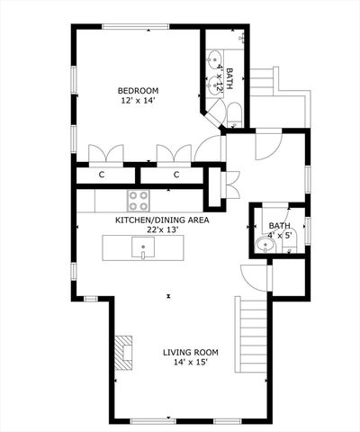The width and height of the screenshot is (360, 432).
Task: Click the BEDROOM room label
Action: (x=139, y=91)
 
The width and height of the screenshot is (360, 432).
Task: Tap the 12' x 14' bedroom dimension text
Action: (x=139, y=102)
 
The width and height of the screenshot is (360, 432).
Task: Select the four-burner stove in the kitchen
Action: (x=139, y=200)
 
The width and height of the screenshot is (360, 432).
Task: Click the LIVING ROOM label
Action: (x=191, y=352)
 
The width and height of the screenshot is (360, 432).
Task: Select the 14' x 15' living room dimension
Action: (x=191, y=363)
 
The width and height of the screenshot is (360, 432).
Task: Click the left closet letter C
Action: (x=102, y=175)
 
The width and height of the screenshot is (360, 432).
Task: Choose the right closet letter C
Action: (x=176, y=175)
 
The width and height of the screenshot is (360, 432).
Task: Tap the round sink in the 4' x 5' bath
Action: (x=265, y=245)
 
